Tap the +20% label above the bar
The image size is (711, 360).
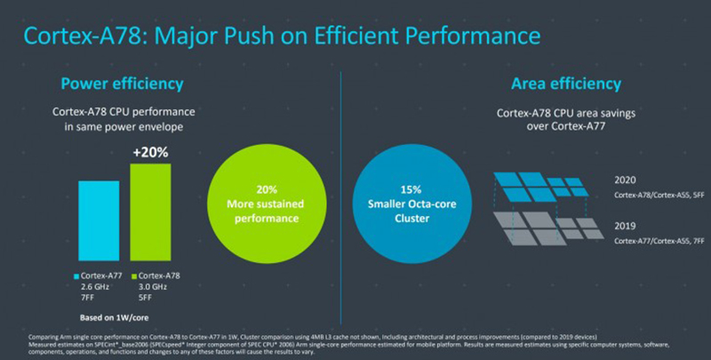150,152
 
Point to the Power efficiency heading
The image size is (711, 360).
122,84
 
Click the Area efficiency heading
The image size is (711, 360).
566,84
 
